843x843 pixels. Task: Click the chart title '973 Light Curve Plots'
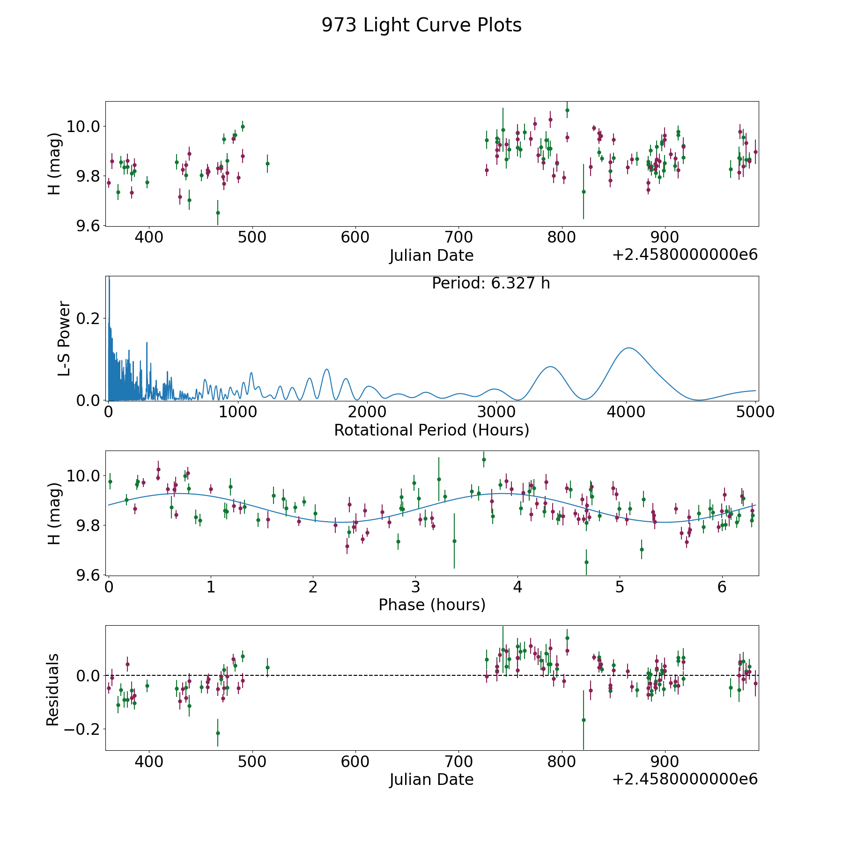pos(421,25)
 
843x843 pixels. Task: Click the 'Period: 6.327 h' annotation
pos(491,283)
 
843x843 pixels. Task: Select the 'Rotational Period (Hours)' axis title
pos(431,430)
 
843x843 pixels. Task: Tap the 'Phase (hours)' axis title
pos(432,605)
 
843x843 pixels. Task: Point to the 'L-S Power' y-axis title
pos(64,338)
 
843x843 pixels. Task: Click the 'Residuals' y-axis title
pos(53,689)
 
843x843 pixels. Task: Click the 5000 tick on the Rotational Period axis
pos(755,412)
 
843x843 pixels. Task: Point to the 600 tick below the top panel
pos(355,237)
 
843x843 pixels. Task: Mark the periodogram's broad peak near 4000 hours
pos(628,348)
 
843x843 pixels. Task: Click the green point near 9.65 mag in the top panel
pos(218,213)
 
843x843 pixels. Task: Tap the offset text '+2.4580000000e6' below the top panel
pos(685,255)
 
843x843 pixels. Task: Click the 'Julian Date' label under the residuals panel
pos(431,780)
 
